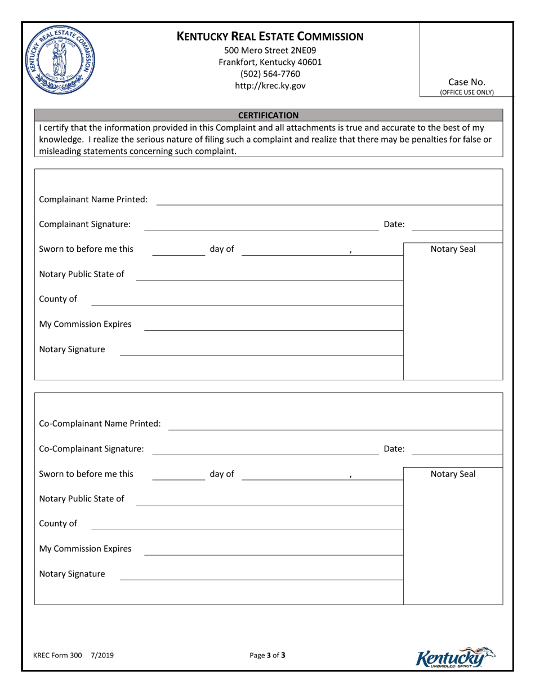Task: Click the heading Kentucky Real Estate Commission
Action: (x=270, y=37)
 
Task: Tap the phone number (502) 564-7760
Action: (x=270, y=74)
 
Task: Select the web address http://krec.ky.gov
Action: (x=270, y=86)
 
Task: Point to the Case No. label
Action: (x=467, y=82)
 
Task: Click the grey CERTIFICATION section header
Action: (x=268, y=115)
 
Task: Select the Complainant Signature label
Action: (x=85, y=224)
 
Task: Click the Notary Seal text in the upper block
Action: (x=453, y=249)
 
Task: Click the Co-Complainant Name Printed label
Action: (x=100, y=423)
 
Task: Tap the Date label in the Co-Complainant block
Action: (x=394, y=449)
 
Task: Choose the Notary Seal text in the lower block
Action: (x=453, y=474)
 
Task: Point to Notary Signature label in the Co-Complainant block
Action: (x=72, y=574)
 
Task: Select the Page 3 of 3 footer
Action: (x=268, y=655)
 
